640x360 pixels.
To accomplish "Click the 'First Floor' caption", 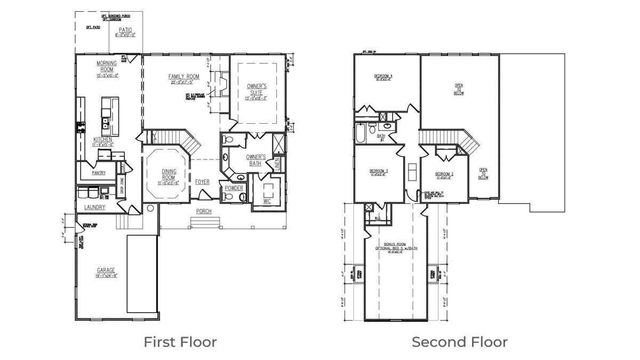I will tap(180, 342).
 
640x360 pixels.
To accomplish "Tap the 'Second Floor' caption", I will tap(459, 342).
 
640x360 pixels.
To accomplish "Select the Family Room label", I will tap(184, 77).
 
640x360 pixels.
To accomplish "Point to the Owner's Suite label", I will tap(257, 89).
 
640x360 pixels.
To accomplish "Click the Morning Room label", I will tap(107, 67).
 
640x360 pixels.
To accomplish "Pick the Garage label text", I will tap(106, 270).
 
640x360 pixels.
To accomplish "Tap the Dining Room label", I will tap(169, 174).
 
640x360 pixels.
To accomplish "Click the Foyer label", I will tap(202, 182).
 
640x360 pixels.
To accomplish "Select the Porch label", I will tap(204, 211).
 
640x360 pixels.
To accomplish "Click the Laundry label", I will tap(94, 207).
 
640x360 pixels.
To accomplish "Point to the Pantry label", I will tap(99, 173).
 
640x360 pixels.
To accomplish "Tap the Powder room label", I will tap(234, 188).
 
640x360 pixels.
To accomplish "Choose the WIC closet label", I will tap(267, 201).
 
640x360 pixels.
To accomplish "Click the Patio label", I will tap(125, 30).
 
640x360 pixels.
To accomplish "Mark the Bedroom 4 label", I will tap(384, 76).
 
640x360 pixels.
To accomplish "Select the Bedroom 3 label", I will tap(379, 171).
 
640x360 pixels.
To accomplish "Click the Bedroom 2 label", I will tap(444, 174).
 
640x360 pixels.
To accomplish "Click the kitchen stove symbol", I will tap(82, 127).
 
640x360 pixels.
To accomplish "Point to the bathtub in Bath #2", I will tap(361, 133).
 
